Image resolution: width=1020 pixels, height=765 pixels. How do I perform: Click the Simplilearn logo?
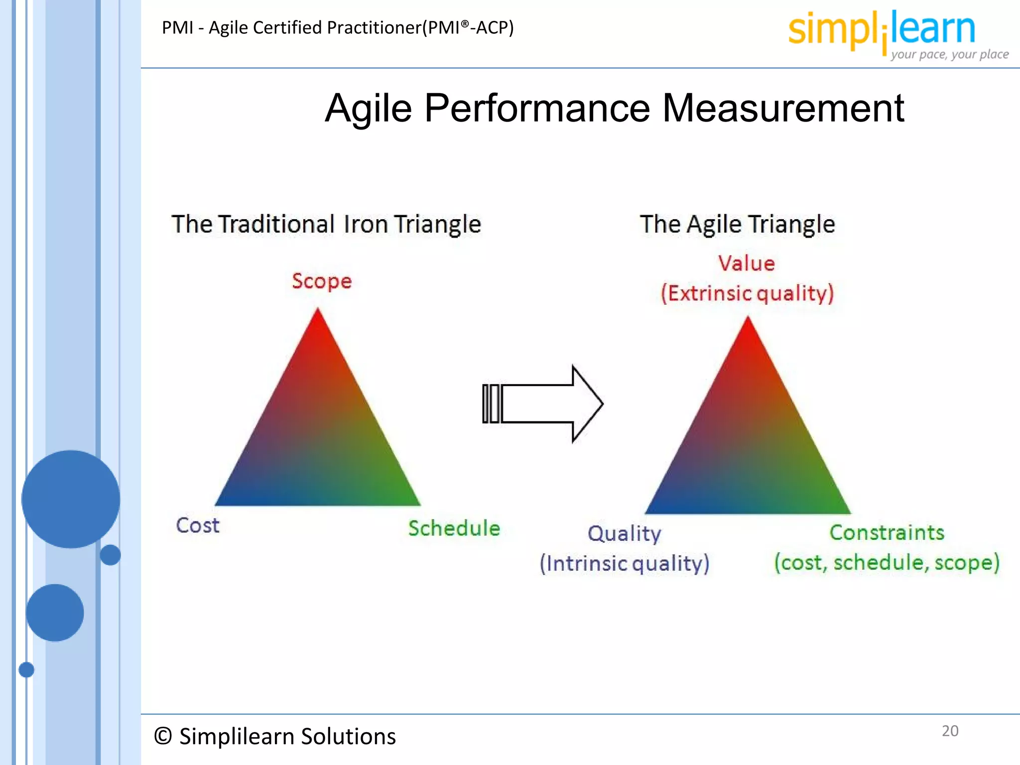pos(882,30)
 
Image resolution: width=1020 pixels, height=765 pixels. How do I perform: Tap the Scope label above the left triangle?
pos(322,281)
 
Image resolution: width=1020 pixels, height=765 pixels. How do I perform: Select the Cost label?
pos(198,525)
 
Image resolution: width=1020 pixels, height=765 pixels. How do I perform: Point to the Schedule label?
pos(454,528)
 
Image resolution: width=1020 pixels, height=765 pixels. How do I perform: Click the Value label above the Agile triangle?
pos(747,263)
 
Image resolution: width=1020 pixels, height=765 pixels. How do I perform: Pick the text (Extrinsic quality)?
pos(747,293)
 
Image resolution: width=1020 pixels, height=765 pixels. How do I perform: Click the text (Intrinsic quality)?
pos(625,564)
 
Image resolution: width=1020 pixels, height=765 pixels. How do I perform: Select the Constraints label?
pos(887,532)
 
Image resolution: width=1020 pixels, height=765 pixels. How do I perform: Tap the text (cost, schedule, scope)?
pos(887,563)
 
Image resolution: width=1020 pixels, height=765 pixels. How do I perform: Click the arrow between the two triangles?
pos(543,404)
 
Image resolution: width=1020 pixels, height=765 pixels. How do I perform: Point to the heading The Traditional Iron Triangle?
pos(326,224)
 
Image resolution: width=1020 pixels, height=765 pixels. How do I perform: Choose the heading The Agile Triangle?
pos(737,224)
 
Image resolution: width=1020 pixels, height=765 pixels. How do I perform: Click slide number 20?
pos(950,731)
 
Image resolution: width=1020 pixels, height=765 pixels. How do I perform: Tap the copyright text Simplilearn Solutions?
pos(275,736)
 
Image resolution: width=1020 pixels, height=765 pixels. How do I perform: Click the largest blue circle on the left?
pos(71,499)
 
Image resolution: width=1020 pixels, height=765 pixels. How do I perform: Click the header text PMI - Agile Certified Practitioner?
pos(338,27)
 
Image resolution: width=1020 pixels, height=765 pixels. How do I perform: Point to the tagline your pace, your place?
pos(950,54)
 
